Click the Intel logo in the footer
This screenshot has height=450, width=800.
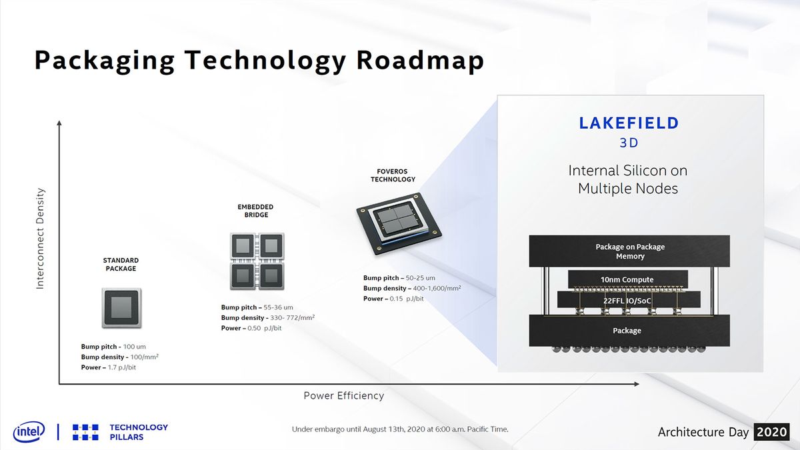click(29, 431)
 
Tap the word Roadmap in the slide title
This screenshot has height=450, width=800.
click(420, 60)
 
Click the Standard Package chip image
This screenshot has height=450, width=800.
click(122, 308)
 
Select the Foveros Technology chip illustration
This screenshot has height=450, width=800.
click(399, 223)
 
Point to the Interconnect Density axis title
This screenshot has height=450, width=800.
click(40, 239)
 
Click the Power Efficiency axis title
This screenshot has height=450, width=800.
click(343, 396)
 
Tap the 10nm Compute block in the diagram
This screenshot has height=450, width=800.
click(627, 279)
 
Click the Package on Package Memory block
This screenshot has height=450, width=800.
click(629, 251)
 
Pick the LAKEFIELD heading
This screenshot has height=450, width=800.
click(629, 123)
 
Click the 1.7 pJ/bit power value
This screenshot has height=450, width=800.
click(122, 367)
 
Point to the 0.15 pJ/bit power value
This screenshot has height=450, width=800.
click(407, 299)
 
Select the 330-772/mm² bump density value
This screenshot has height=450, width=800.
click(292, 317)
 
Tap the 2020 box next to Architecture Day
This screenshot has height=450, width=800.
click(772, 432)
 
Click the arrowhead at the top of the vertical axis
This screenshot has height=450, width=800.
click(59, 123)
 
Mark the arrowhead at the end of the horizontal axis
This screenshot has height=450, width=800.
click(637, 384)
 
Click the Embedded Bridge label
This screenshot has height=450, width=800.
click(256, 211)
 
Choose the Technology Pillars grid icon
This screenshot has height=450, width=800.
click(85, 432)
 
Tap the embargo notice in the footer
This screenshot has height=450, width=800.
click(400, 429)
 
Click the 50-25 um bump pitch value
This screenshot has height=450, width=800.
click(421, 278)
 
